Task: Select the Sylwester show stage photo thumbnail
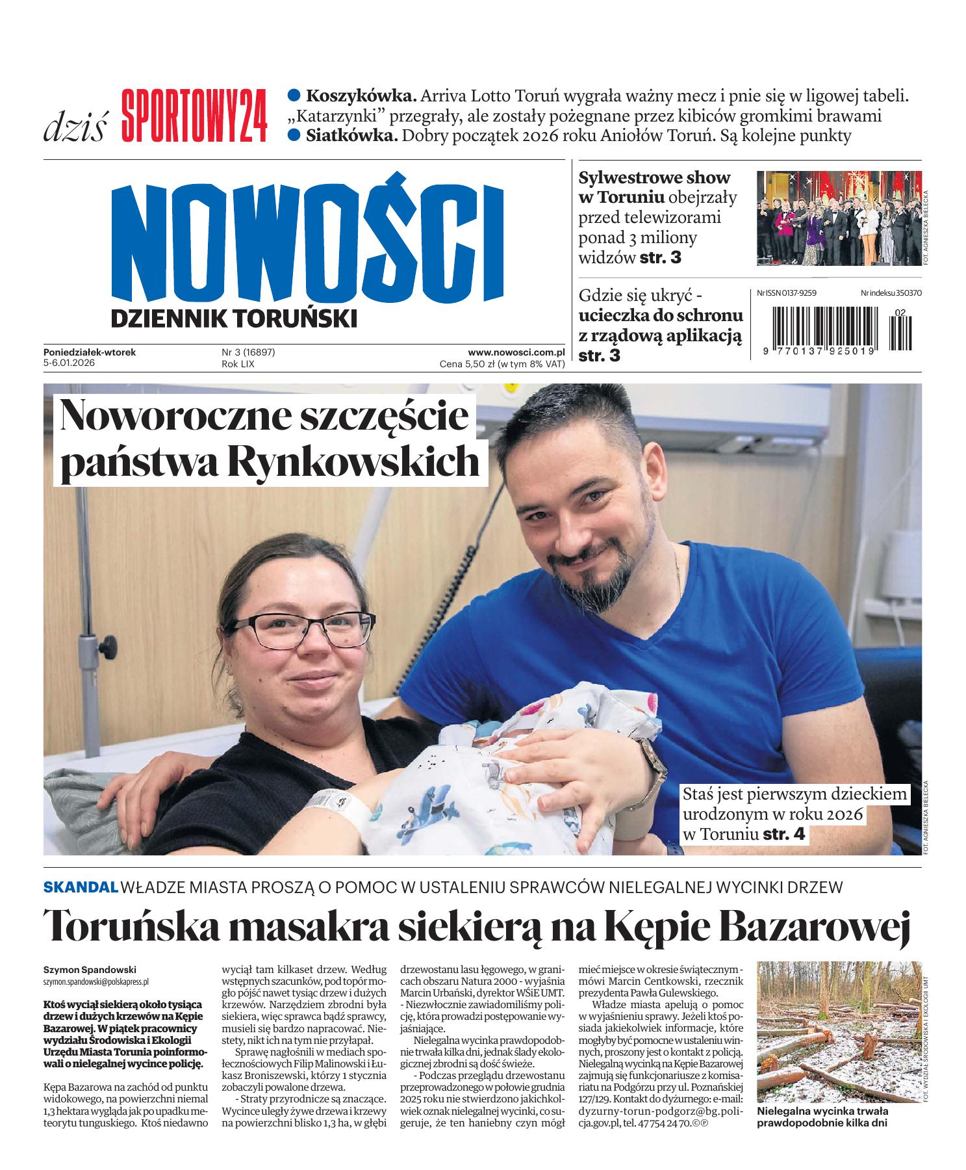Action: pos(839,217)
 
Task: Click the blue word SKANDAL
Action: pos(81,886)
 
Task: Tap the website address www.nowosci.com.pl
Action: pos(516,352)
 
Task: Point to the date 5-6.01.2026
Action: pos(70,364)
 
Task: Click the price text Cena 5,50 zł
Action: pos(466,364)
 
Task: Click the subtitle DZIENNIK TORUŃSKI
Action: pos(234,318)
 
